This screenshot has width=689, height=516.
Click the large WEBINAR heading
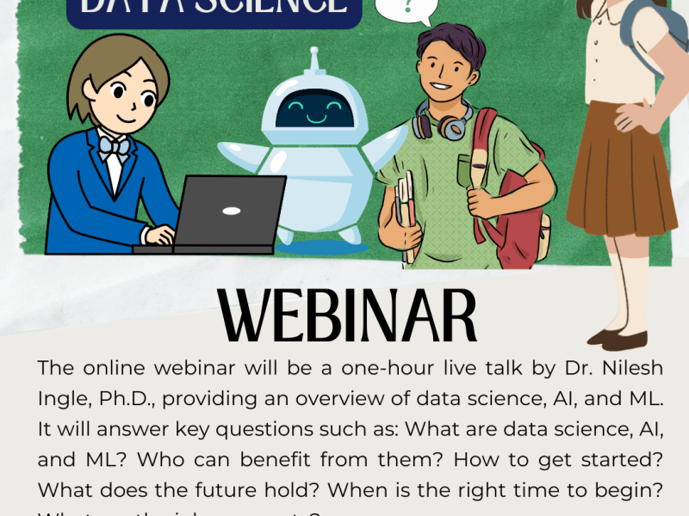[x=348, y=316]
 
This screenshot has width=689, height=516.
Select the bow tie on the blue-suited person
[x=114, y=146]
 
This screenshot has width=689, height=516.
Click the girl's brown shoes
[x=623, y=339]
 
